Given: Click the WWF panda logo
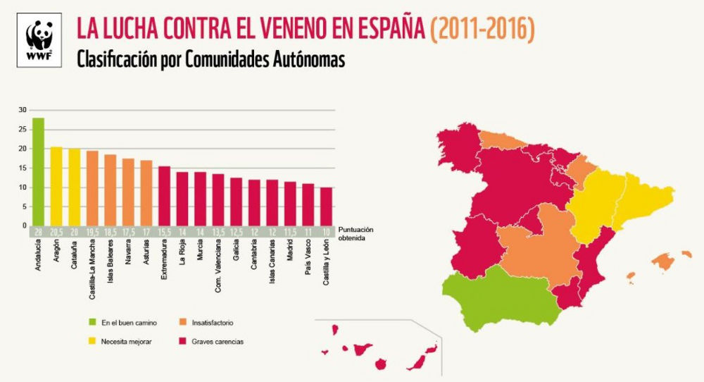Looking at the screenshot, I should (x=40, y=41).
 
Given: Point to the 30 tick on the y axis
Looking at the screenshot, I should (x=22, y=110).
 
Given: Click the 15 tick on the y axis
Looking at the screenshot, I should (x=22, y=168).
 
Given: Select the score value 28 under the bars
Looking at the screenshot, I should (x=38, y=231).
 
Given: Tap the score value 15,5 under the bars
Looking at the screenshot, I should (x=164, y=231).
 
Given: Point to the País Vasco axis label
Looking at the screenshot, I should (x=308, y=259).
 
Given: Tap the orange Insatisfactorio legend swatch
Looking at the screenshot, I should (x=186, y=323).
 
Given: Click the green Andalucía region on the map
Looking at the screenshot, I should (x=500, y=300).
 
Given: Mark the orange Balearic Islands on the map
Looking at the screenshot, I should (x=662, y=261).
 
